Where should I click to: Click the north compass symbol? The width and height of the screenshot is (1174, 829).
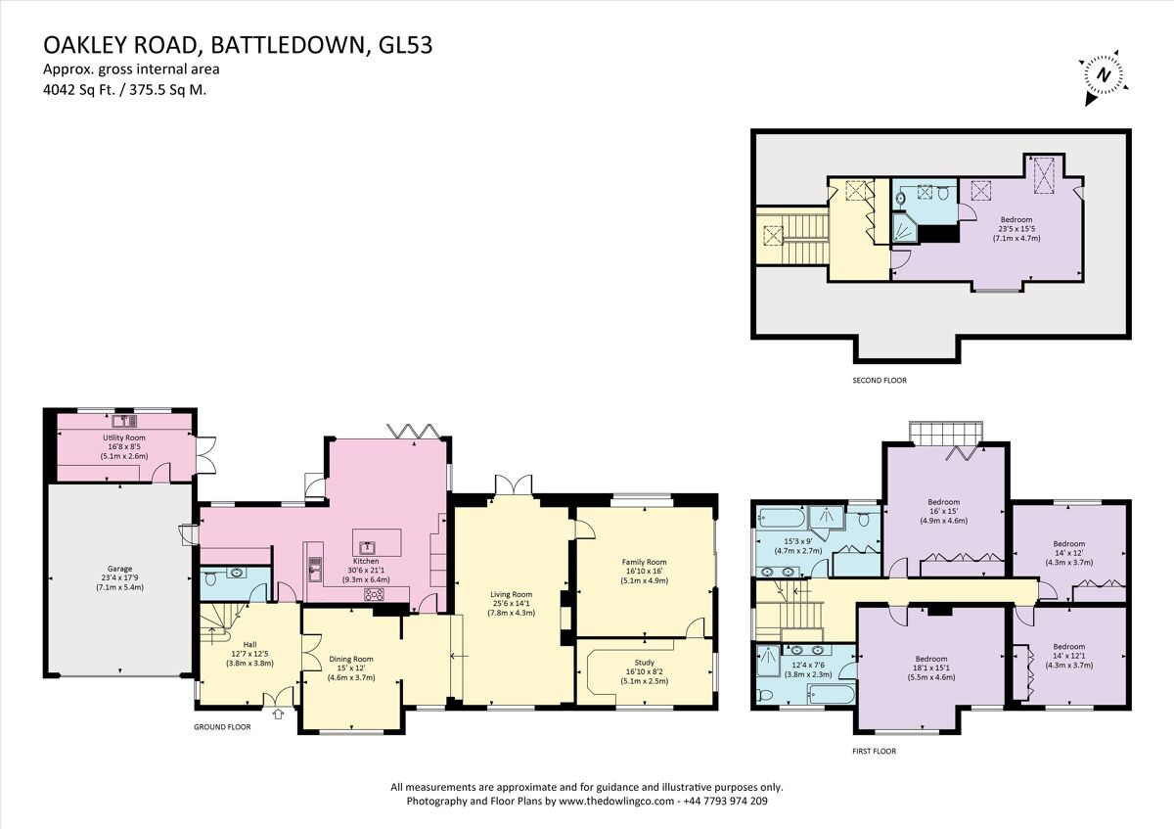coord(1104,76)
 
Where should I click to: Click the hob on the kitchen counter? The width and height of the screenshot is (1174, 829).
coord(374,593)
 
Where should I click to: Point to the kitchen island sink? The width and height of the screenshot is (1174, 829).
coord(368,548)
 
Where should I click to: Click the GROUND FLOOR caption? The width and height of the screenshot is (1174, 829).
coord(221,727)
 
